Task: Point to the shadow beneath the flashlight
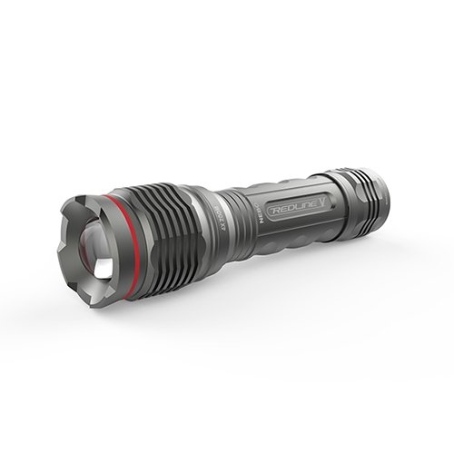272,272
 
